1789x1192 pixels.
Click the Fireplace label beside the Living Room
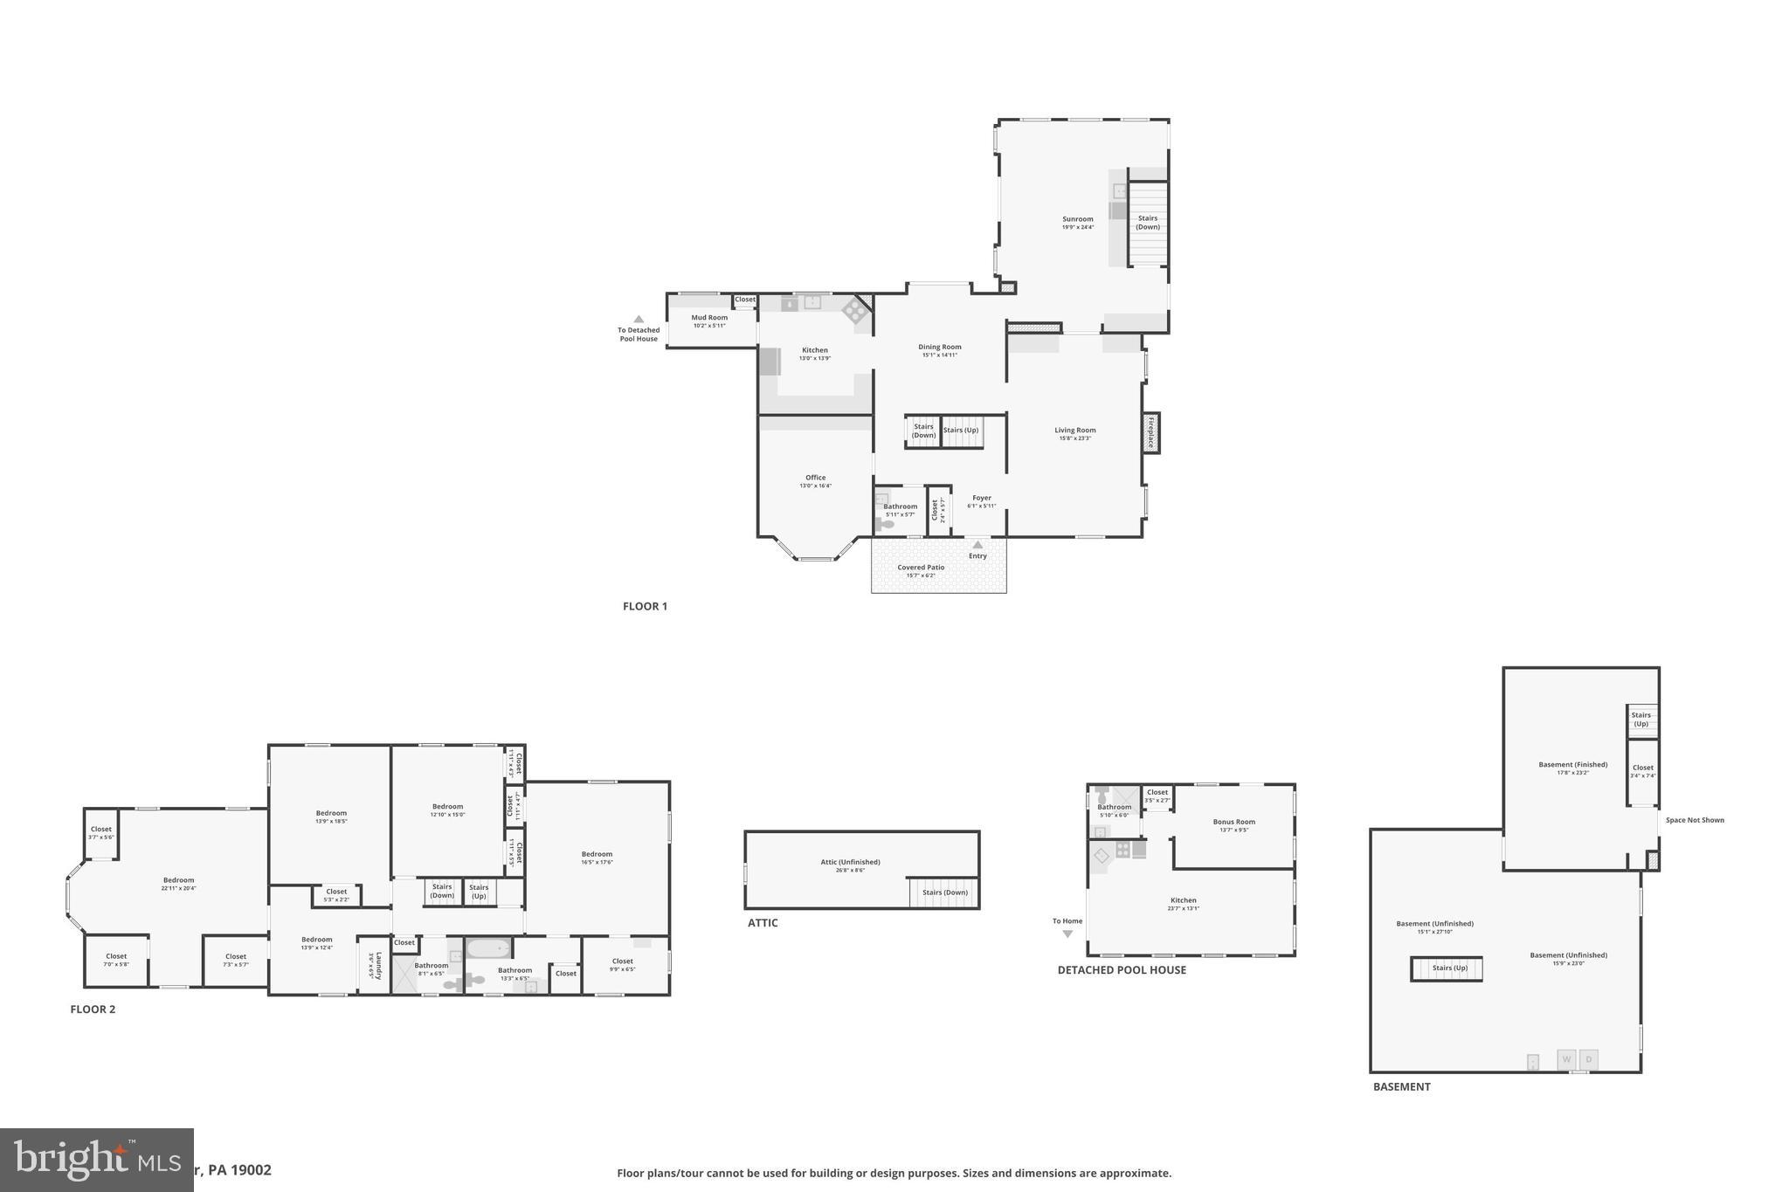pos(1150,432)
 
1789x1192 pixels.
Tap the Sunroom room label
pos(1077,219)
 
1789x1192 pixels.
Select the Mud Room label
pos(709,318)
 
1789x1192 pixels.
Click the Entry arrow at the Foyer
pos(977,545)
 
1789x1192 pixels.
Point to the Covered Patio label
pos(921,568)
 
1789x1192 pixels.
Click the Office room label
pos(815,478)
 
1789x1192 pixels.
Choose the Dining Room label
pos(939,347)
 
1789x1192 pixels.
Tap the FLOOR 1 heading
pos(645,606)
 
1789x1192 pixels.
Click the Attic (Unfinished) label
pos(850,862)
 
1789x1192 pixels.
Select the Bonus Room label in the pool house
pos(1233,822)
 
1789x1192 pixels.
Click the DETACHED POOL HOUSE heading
pos(1122,970)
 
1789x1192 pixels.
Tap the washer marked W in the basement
pos(1566,1059)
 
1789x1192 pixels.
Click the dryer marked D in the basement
pos(1589,1059)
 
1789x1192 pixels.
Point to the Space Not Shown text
pos(1695,820)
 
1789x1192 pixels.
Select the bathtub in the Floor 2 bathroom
pos(488,947)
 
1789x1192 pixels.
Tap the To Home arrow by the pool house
pos(1067,934)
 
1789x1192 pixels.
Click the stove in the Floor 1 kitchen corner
pos(853,308)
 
